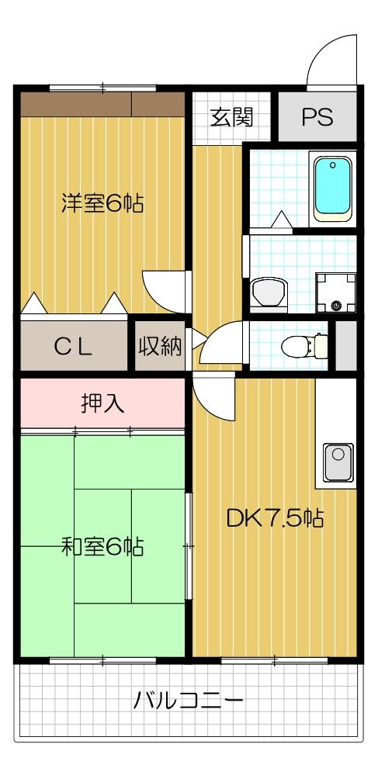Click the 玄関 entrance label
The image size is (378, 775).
point(231,118)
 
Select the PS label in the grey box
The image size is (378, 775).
point(317,118)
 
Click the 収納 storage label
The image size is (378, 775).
point(161,347)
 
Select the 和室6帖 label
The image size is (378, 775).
point(102,547)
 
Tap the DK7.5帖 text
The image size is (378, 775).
point(275,517)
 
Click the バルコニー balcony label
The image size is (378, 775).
point(189,701)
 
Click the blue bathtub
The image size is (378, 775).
point(333,187)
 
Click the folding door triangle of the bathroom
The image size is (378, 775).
point(282,221)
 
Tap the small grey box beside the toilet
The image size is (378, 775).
point(345,344)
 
